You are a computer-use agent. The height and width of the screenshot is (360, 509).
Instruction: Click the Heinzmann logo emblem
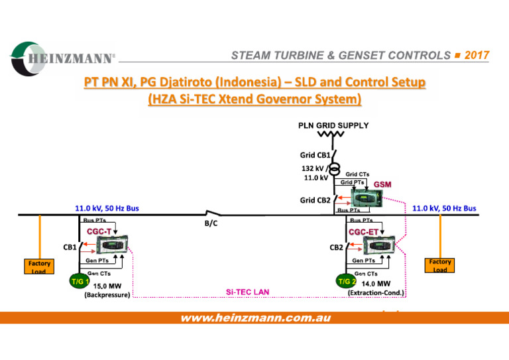click(x=28, y=59)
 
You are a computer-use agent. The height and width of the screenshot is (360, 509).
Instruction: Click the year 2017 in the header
click(x=477, y=55)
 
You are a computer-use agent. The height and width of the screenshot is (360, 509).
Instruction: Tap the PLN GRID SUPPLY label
click(x=333, y=125)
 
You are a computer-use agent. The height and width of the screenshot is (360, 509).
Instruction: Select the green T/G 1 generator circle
click(x=80, y=282)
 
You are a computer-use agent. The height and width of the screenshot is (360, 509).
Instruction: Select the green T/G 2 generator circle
click(x=346, y=281)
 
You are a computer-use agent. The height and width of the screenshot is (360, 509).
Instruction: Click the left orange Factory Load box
click(x=39, y=266)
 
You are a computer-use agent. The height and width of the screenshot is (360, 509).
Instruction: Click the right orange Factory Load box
click(x=439, y=265)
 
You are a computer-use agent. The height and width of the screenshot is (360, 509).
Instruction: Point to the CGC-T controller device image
click(x=112, y=244)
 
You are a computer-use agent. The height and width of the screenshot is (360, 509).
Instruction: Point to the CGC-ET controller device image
click(x=379, y=245)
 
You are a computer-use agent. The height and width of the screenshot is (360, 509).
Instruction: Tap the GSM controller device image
click(x=367, y=198)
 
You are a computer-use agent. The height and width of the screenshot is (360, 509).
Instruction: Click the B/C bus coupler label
click(x=211, y=223)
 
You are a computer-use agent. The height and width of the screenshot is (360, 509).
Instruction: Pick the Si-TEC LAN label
click(x=247, y=292)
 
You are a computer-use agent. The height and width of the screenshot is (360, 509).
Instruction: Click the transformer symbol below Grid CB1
click(x=334, y=169)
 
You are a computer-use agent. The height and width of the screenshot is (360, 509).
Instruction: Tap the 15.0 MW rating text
click(x=107, y=286)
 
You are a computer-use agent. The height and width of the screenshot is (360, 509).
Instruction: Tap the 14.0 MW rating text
click(x=376, y=284)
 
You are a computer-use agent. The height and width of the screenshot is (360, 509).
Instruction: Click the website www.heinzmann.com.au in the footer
click(x=256, y=318)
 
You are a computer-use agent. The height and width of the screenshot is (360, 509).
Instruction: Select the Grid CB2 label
click(x=315, y=200)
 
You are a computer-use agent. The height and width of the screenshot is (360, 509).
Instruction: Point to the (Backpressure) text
click(x=107, y=295)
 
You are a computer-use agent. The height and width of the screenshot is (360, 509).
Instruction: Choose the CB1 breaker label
click(x=70, y=247)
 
